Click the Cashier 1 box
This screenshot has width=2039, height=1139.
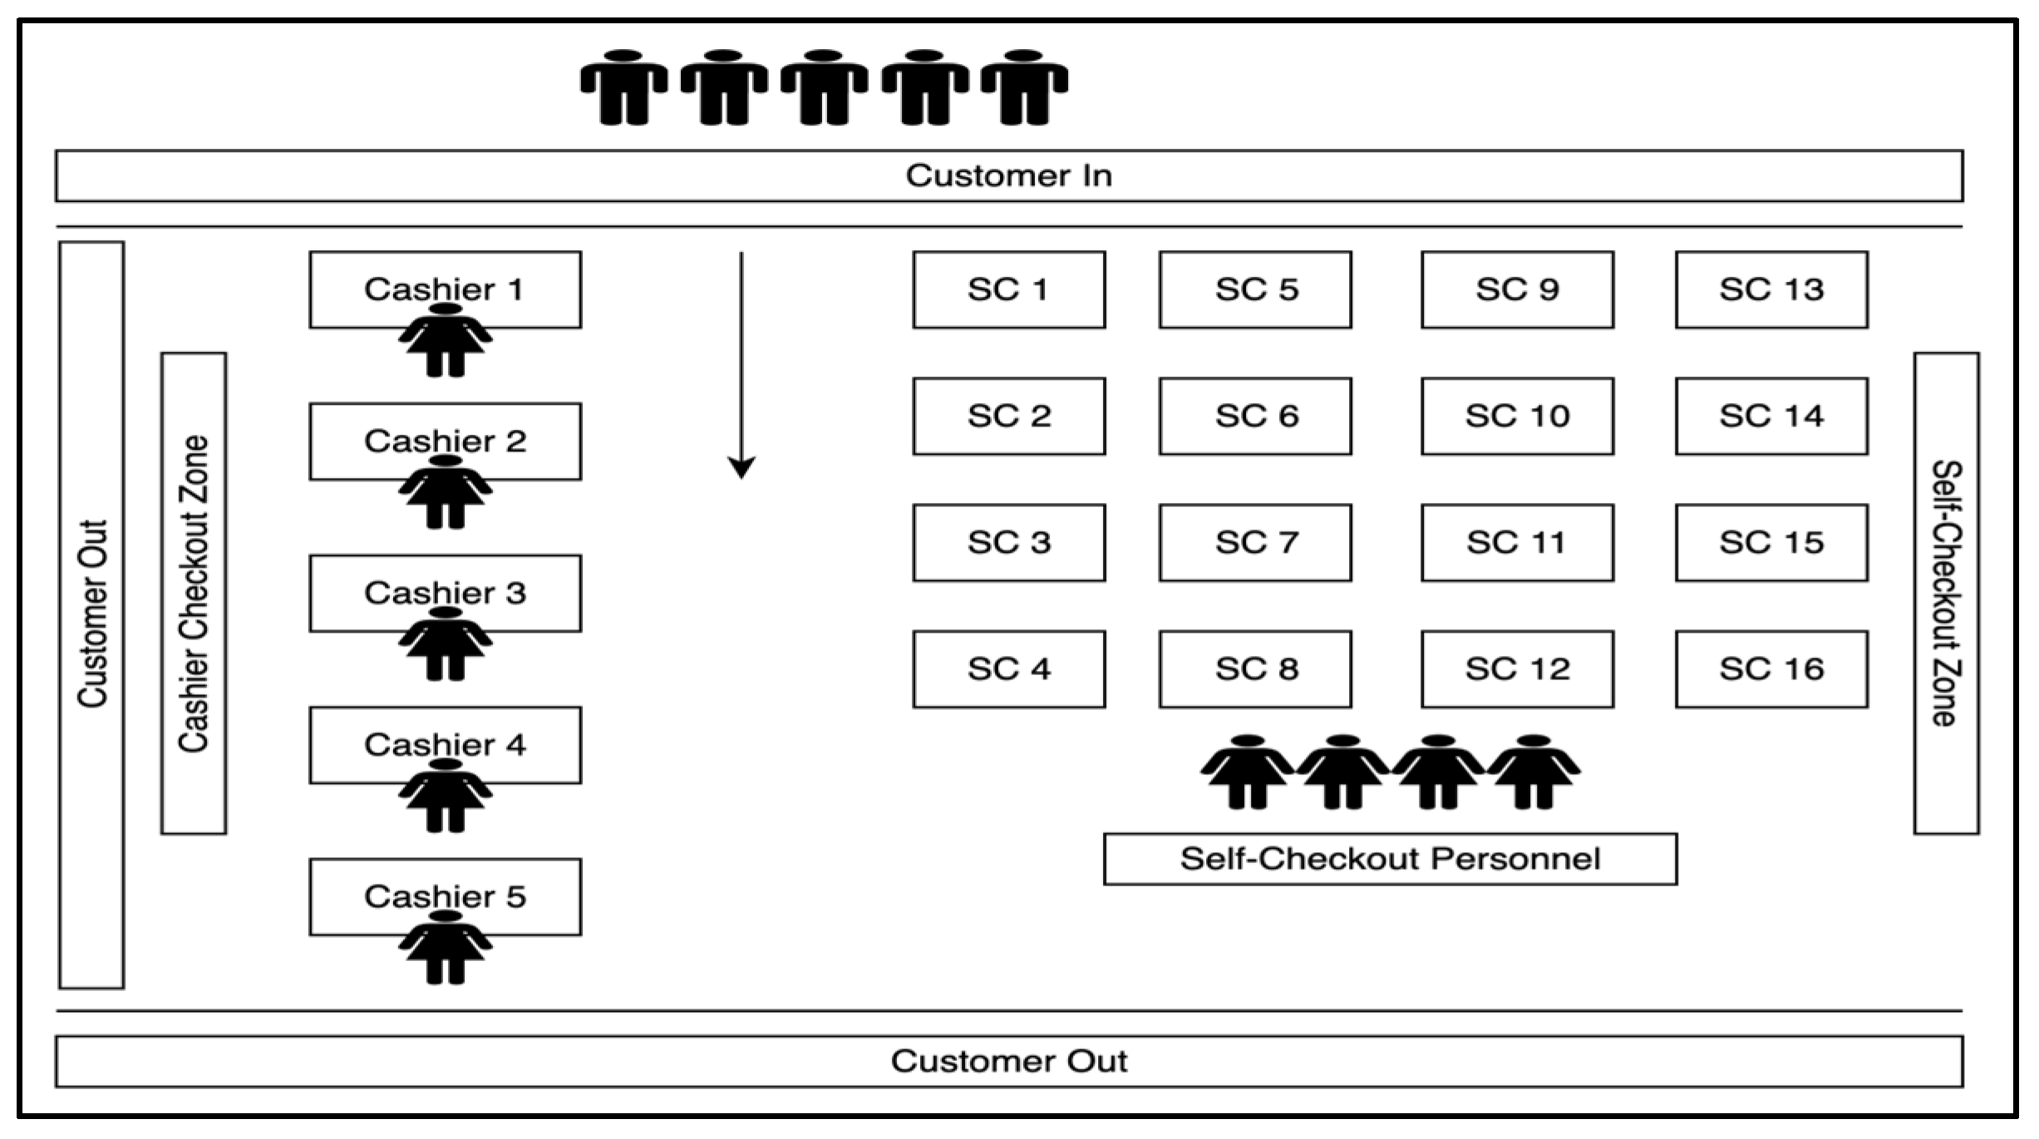click(446, 289)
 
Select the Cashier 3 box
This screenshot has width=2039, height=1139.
click(446, 593)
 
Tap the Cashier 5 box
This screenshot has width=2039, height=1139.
click(446, 896)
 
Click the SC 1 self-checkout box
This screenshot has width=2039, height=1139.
click(1009, 289)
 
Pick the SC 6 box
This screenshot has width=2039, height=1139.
click(1255, 416)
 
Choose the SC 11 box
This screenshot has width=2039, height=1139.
click(1517, 542)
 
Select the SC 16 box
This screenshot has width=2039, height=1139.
click(1771, 668)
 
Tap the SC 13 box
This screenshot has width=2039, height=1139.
click(1771, 289)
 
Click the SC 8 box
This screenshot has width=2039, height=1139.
click(1255, 668)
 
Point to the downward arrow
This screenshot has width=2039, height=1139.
click(741, 366)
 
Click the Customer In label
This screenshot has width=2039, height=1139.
click(1008, 175)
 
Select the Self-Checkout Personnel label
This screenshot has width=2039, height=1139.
click(1390, 858)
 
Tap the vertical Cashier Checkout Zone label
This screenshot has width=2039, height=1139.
click(194, 594)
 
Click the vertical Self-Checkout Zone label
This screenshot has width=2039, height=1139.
click(1947, 593)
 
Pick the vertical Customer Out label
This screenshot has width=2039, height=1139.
click(92, 614)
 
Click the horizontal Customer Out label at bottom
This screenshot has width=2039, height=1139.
click(1008, 1061)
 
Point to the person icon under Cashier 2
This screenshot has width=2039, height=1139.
click(446, 492)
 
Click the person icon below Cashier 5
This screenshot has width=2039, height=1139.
click(446, 948)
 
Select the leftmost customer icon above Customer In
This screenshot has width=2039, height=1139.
click(623, 87)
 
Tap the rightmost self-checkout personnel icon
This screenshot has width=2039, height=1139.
click(1534, 772)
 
